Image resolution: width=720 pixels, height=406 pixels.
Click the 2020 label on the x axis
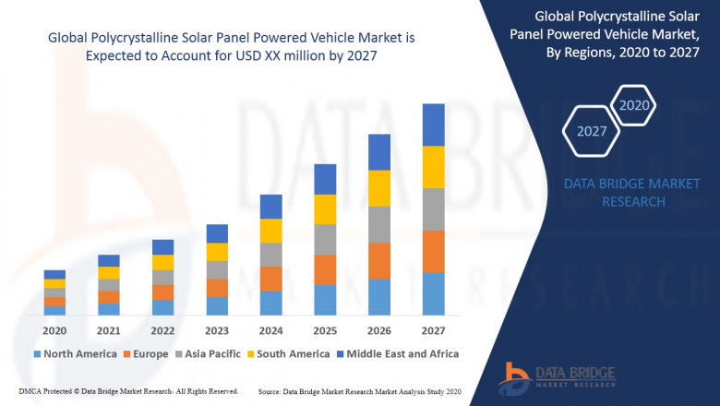[x=54, y=331]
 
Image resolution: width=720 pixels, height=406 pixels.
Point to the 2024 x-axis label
[x=270, y=331]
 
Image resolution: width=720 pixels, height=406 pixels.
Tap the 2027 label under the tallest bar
[x=433, y=331]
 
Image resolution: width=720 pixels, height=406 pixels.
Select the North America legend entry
[x=75, y=353]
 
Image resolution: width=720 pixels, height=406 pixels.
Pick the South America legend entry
[x=290, y=353]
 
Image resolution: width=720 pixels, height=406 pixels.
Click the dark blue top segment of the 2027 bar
[x=433, y=125]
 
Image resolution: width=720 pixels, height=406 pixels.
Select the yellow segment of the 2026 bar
[x=379, y=188]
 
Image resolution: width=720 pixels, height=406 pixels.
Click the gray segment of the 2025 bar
[x=325, y=239]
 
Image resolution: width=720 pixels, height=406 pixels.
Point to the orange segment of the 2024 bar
[x=270, y=279]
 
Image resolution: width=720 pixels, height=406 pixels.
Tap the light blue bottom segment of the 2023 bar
[x=217, y=305]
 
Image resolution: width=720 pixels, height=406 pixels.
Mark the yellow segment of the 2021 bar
[x=109, y=272]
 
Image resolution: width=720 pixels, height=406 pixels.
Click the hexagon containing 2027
[x=592, y=131]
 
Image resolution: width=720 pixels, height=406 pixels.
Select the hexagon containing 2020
[x=633, y=105]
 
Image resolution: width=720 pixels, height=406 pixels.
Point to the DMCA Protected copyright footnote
[x=128, y=391]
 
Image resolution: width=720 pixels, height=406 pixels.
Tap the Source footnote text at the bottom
[x=361, y=391]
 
